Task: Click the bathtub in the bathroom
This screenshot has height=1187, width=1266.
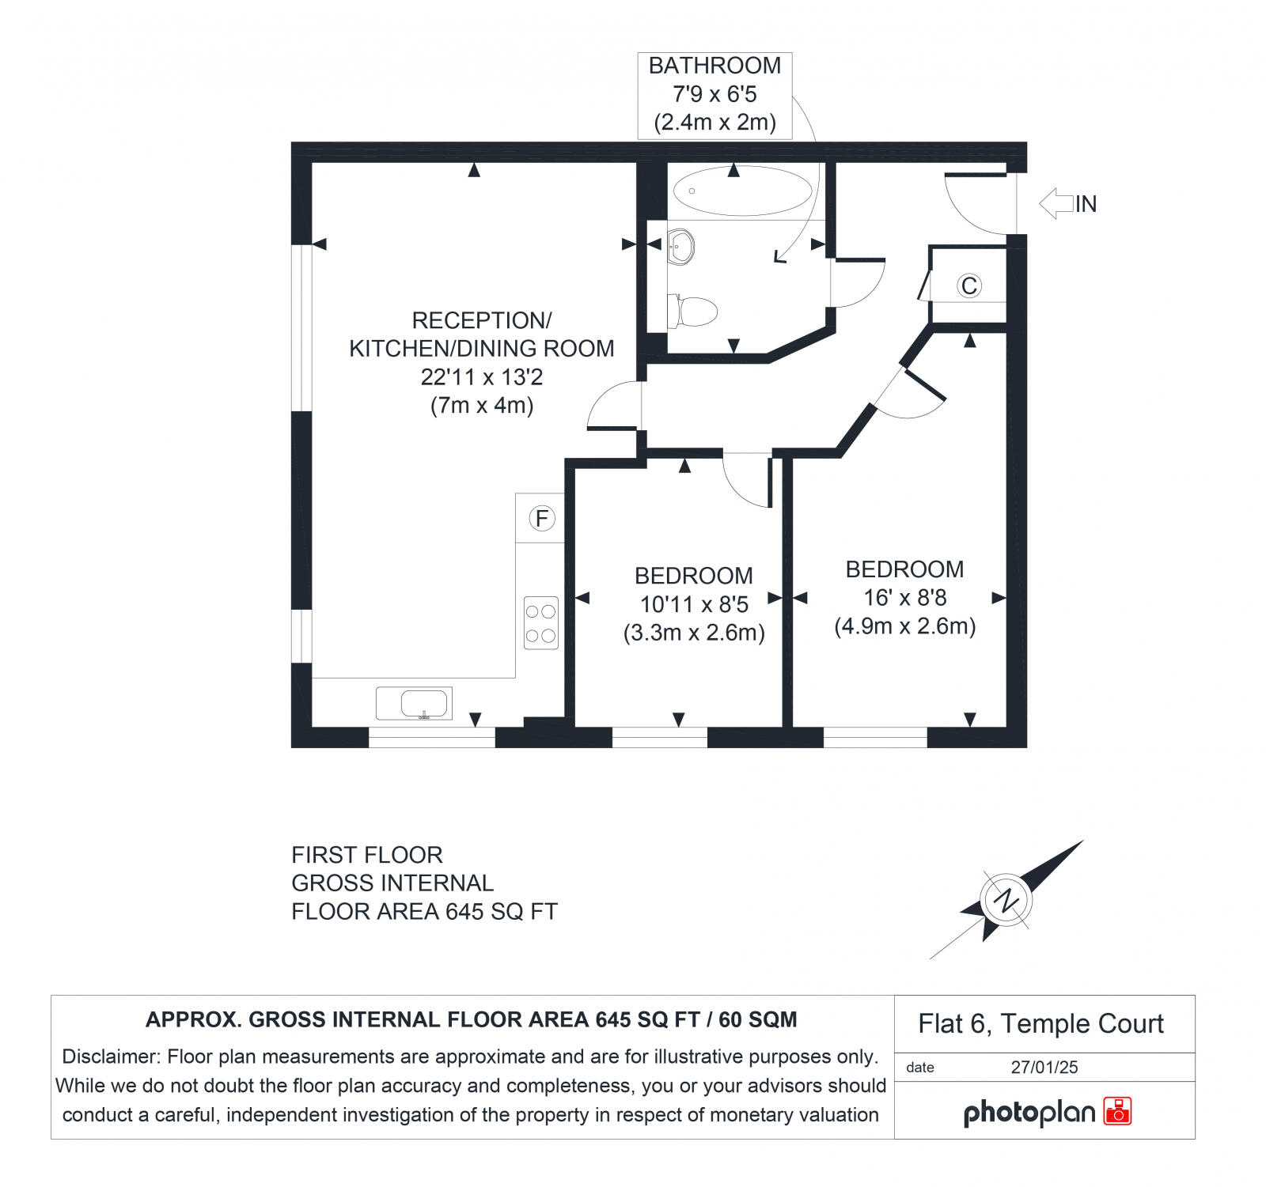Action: (x=742, y=191)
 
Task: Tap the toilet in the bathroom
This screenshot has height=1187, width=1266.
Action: (x=694, y=311)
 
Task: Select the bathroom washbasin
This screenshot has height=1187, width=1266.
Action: (x=681, y=247)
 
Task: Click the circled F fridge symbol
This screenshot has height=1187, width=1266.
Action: (x=542, y=519)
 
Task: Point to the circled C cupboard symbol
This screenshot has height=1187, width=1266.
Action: (x=969, y=285)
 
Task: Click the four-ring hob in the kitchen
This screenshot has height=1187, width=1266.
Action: (x=541, y=623)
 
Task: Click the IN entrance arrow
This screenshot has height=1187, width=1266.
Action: (x=1057, y=203)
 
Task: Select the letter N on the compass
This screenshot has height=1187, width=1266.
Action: (x=1006, y=900)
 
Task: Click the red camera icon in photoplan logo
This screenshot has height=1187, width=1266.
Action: (x=1118, y=1111)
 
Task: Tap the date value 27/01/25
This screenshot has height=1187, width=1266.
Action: (x=1044, y=1067)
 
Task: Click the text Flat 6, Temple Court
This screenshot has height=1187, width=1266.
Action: (x=1040, y=1024)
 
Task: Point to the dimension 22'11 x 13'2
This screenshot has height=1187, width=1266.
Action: (x=482, y=377)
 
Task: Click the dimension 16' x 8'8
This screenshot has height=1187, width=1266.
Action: (x=905, y=598)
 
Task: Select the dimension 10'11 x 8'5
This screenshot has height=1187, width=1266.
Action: (x=694, y=604)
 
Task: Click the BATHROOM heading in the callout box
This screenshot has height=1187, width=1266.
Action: (x=714, y=66)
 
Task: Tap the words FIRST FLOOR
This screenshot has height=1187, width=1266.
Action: (x=367, y=855)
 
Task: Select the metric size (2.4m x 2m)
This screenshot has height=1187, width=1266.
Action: (x=714, y=123)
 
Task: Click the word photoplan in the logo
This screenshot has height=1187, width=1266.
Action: (x=1029, y=1113)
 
